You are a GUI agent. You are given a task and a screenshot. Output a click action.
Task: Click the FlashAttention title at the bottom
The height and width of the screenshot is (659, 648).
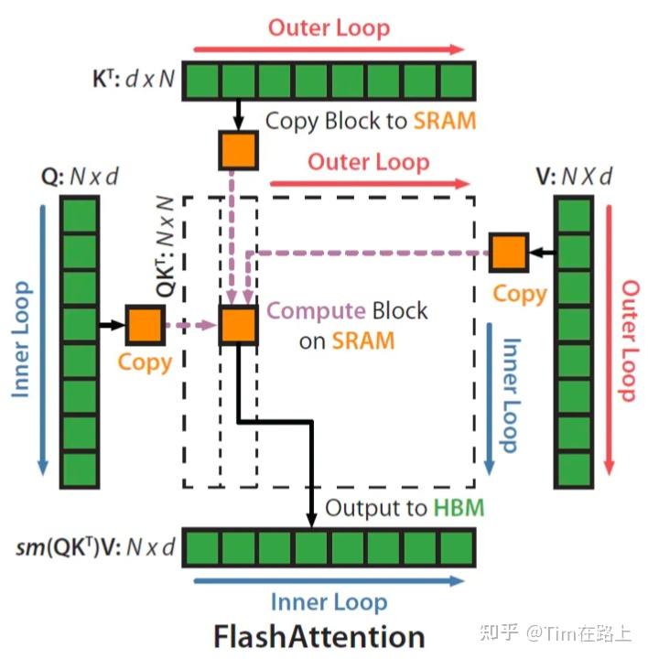click(x=319, y=636)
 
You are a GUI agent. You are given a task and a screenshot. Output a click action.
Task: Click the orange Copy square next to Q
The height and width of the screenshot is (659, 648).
click(x=144, y=324)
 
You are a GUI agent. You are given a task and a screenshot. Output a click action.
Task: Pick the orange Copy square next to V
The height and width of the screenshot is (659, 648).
click(x=509, y=252)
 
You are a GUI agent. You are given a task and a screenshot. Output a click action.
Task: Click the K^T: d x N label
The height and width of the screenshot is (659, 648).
click(x=130, y=81)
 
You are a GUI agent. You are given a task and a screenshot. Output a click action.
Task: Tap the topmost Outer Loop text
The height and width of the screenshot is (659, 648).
click(x=329, y=27)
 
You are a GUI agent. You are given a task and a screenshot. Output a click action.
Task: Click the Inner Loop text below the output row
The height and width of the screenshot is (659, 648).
click(x=329, y=602)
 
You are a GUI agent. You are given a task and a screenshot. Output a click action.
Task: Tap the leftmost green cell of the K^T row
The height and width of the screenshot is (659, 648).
click(x=203, y=79)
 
